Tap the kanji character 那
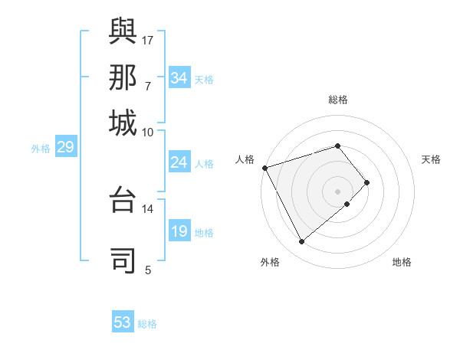click(x=123, y=77)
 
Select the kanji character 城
click(x=123, y=123)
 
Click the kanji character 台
click(x=123, y=201)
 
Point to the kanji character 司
click(x=123, y=260)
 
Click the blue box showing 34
click(x=179, y=78)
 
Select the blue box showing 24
click(x=179, y=162)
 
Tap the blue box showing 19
click(x=179, y=232)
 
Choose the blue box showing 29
click(x=65, y=148)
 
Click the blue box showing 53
click(x=123, y=322)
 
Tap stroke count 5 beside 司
click(x=147, y=270)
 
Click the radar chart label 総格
click(x=338, y=100)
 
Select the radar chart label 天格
click(x=431, y=159)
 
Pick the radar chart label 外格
click(x=269, y=262)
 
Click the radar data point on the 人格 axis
click(x=264, y=168)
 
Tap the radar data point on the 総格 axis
click(x=338, y=146)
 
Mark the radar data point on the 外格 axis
click(x=302, y=242)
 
